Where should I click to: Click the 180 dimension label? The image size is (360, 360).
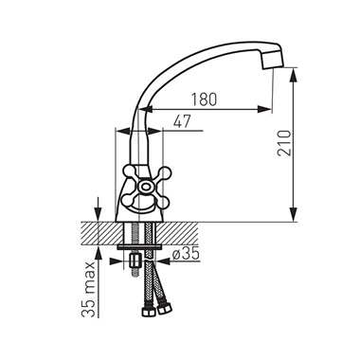tap(205, 99)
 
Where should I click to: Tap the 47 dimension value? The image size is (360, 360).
tap(182, 121)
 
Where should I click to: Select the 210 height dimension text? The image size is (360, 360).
tap(284, 143)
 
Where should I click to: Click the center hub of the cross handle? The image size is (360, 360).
tap(146, 186)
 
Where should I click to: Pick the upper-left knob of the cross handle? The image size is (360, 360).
tap(129, 172)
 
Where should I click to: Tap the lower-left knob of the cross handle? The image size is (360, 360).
tap(129, 199)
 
